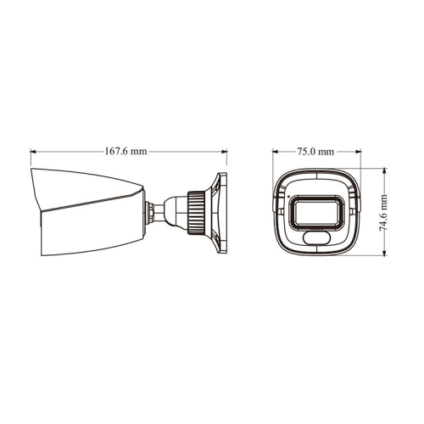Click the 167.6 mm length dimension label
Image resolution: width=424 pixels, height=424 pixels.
click(x=126, y=151)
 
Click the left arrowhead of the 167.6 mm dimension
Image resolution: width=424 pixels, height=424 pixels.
click(x=34, y=152)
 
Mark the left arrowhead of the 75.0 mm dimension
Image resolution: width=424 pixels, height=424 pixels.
click(x=276, y=152)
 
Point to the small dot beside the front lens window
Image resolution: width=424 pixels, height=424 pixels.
click(x=289, y=198)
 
